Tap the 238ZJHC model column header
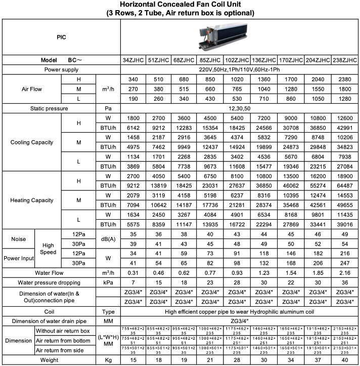pos(345,60)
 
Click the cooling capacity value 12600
pos(345,118)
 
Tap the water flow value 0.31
pos(133,273)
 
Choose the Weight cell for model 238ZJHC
pos(345,360)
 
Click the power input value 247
pos(345,263)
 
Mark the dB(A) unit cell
pos(108,239)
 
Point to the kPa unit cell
pos(108,282)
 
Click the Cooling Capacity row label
pos(32,142)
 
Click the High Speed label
pos(48,249)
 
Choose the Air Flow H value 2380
pos(345,79)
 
